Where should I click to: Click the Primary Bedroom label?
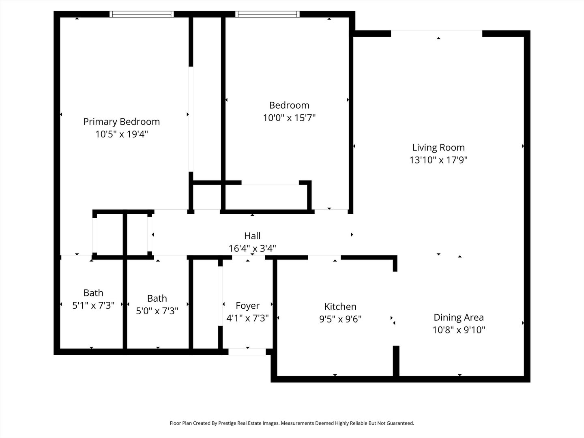(121, 122)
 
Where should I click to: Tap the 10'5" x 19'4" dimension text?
(121, 134)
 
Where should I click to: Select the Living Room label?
(438, 148)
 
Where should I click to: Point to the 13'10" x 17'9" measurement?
(438, 160)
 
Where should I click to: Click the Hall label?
(252, 236)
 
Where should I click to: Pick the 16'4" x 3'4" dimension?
(252, 248)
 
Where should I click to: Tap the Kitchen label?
(340, 307)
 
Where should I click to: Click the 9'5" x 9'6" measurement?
(340, 319)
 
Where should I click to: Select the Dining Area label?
(459, 318)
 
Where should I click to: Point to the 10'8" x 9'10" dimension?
(459, 330)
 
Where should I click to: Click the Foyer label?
(247, 305)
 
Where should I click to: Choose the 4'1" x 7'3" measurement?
(247, 318)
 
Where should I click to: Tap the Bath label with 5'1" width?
(93, 293)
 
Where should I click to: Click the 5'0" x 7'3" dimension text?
(157, 311)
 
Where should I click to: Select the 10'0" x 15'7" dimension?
(289, 118)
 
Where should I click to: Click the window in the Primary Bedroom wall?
(142, 14)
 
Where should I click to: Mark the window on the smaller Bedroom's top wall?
(268, 14)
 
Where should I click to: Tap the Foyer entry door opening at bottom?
(247, 352)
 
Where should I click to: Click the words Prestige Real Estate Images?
(249, 423)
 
